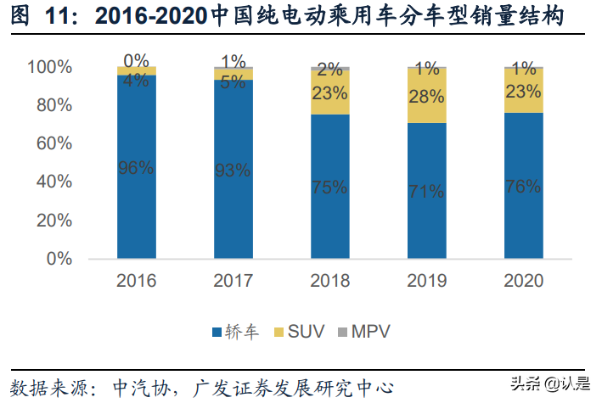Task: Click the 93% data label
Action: pyautogui.click(x=233, y=171)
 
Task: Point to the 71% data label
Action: pyautogui.click(x=426, y=190)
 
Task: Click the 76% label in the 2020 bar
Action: pyautogui.click(x=523, y=186)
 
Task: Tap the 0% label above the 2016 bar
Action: pyautogui.click(x=136, y=60)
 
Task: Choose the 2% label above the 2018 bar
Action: pyautogui.click(x=329, y=69)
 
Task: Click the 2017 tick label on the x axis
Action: pyautogui.click(x=233, y=281)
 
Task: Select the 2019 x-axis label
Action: pyautogui.click(x=426, y=281)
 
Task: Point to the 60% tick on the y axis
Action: pyautogui.click(x=53, y=143)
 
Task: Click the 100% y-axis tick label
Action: pyautogui.click(x=49, y=67)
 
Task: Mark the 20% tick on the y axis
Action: pyautogui.click(x=53, y=221)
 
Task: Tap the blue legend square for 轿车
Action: pyautogui.click(x=217, y=330)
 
